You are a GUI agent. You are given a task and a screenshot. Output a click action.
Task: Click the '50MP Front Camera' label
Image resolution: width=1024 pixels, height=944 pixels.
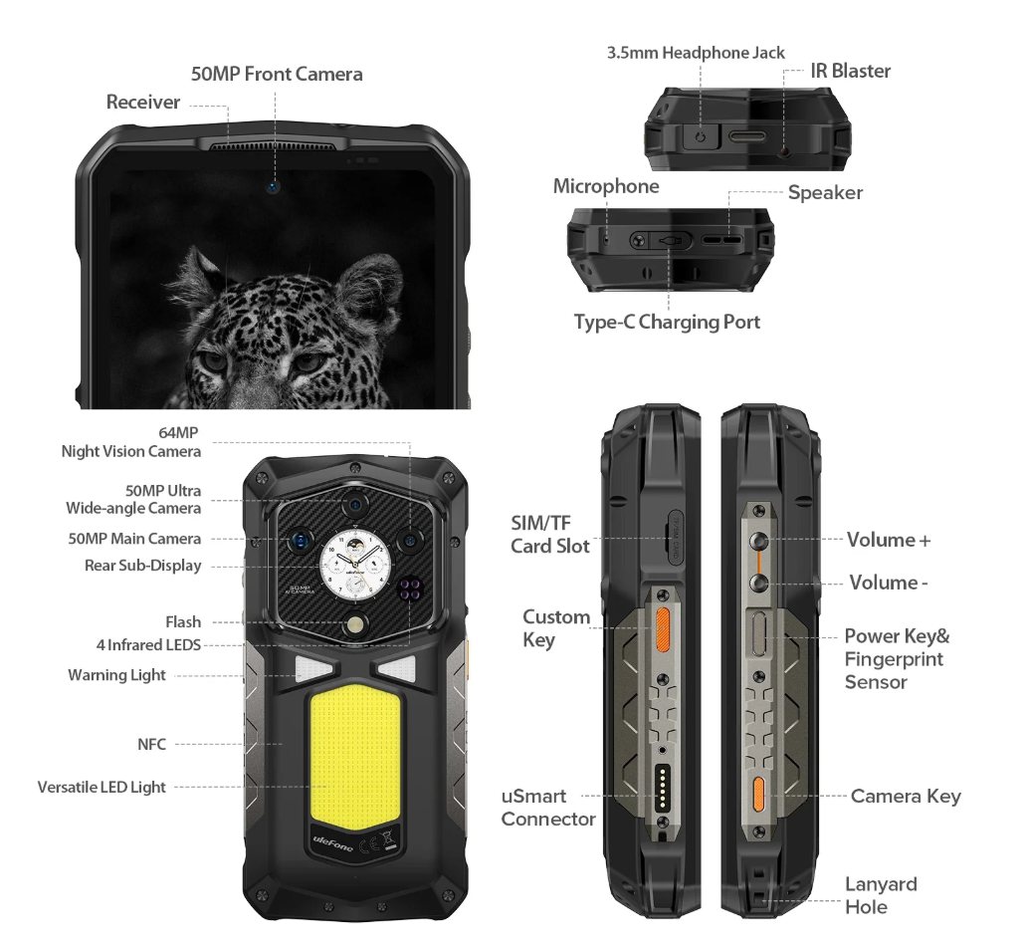(277, 74)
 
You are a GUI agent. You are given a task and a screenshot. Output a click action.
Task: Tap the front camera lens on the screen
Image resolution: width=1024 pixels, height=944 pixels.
(272, 185)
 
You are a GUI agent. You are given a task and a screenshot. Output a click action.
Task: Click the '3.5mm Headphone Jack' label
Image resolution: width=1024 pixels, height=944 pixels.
(696, 53)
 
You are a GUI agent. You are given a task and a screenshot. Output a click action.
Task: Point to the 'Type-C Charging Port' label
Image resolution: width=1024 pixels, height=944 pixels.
(667, 322)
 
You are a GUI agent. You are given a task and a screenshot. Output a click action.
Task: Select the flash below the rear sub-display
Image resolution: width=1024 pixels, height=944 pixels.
(355, 626)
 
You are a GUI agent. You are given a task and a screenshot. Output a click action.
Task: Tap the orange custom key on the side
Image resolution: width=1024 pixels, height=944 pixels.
(662, 629)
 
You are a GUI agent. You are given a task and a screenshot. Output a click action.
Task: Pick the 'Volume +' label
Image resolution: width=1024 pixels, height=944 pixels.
(888, 540)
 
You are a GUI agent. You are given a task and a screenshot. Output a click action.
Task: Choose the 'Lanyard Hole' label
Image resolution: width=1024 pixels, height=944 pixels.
(881, 895)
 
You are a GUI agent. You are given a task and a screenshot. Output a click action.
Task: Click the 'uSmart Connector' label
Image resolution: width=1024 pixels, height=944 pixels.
(548, 808)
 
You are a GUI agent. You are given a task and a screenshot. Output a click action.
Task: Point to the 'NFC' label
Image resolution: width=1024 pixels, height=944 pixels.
(152, 744)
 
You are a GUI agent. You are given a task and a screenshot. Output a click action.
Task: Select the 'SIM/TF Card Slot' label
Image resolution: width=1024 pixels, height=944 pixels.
(550, 535)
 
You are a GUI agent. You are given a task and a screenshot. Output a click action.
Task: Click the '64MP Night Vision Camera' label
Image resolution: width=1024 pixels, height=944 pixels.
(131, 442)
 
